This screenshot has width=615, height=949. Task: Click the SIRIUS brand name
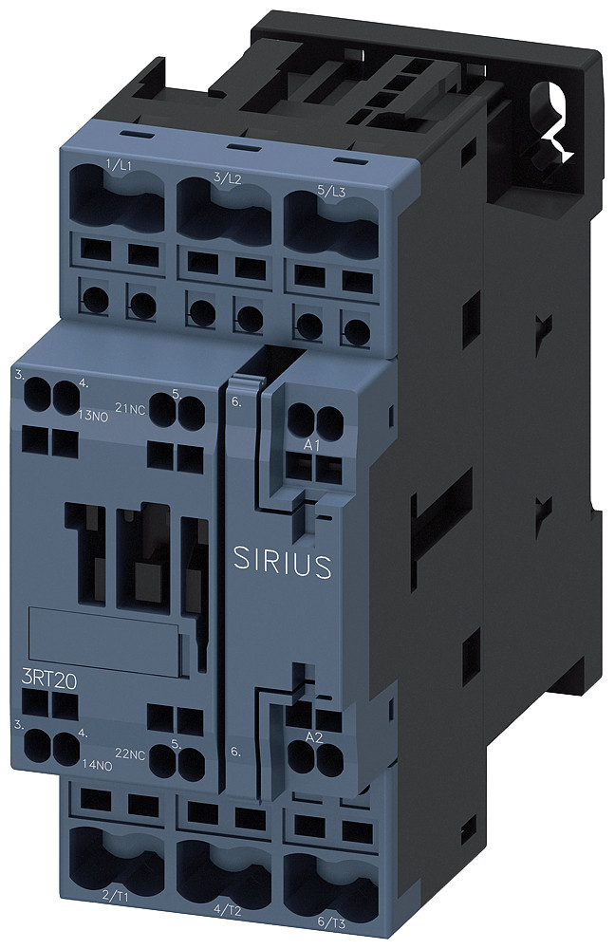(282, 563)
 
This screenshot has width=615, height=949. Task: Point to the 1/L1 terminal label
(120, 166)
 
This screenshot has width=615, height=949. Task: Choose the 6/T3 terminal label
(326, 921)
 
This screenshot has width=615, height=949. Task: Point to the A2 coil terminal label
(314, 735)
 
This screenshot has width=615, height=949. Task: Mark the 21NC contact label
(129, 408)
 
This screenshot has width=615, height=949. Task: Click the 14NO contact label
(98, 763)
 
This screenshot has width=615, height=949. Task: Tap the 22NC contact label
(130, 754)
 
